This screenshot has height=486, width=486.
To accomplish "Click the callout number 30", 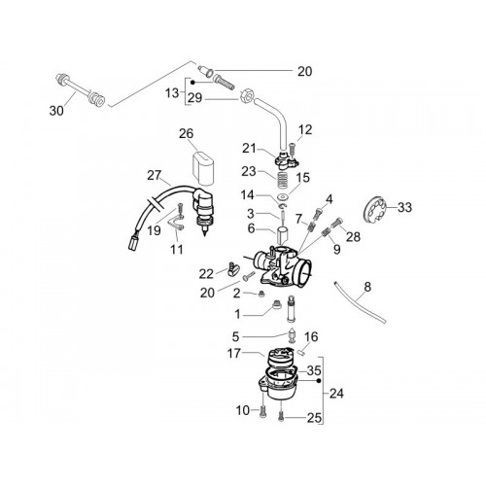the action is coord(56,111).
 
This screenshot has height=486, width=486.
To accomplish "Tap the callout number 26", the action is coord(187,133).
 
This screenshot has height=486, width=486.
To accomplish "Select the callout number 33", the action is coord(404,207).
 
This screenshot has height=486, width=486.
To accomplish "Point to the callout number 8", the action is coord(367,287).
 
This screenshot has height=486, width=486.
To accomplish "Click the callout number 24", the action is coord(336,394).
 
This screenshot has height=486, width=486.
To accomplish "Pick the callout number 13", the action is coord(172,93).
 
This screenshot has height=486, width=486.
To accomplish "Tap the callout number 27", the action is coord(154,176).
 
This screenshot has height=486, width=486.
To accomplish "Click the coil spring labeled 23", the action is coord(282,180).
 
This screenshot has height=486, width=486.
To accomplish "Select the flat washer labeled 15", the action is coord(284,197).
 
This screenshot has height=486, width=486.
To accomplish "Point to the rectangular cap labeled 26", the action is coord(203,168).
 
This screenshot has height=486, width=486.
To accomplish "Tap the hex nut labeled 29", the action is coord(247,96).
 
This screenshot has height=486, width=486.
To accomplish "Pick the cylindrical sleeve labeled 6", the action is coord(282,236).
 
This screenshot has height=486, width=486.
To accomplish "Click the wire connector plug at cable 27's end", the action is coord(133,242).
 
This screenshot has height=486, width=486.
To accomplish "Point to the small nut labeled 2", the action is coord(262,294).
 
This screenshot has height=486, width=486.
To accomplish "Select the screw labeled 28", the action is coord(335,223).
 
